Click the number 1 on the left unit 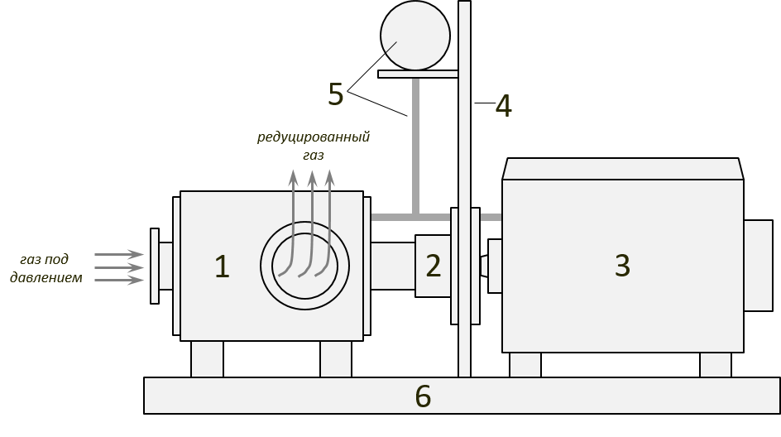tap(222, 267)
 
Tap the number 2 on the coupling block tap(434, 266)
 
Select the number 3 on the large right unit tap(622, 266)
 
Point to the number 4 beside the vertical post tap(503, 107)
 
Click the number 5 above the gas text tap(335, 95)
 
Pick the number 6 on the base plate tap(423, 396)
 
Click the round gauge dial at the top tap(415, 36)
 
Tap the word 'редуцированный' tap(313, 137)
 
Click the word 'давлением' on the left tap(46, 278)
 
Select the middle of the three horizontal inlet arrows tap(120, 267)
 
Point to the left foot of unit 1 tap(207, 359)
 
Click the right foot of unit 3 tap(716, 365)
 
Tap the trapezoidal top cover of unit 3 tap(622, 169)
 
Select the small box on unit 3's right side tap(757, 265)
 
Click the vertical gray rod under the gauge tap(415, 145)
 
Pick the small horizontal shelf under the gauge tap(418, 74)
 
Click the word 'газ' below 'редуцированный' tap(313, 155)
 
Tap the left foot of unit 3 tap(525, 365)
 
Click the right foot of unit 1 tap(336, 359)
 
